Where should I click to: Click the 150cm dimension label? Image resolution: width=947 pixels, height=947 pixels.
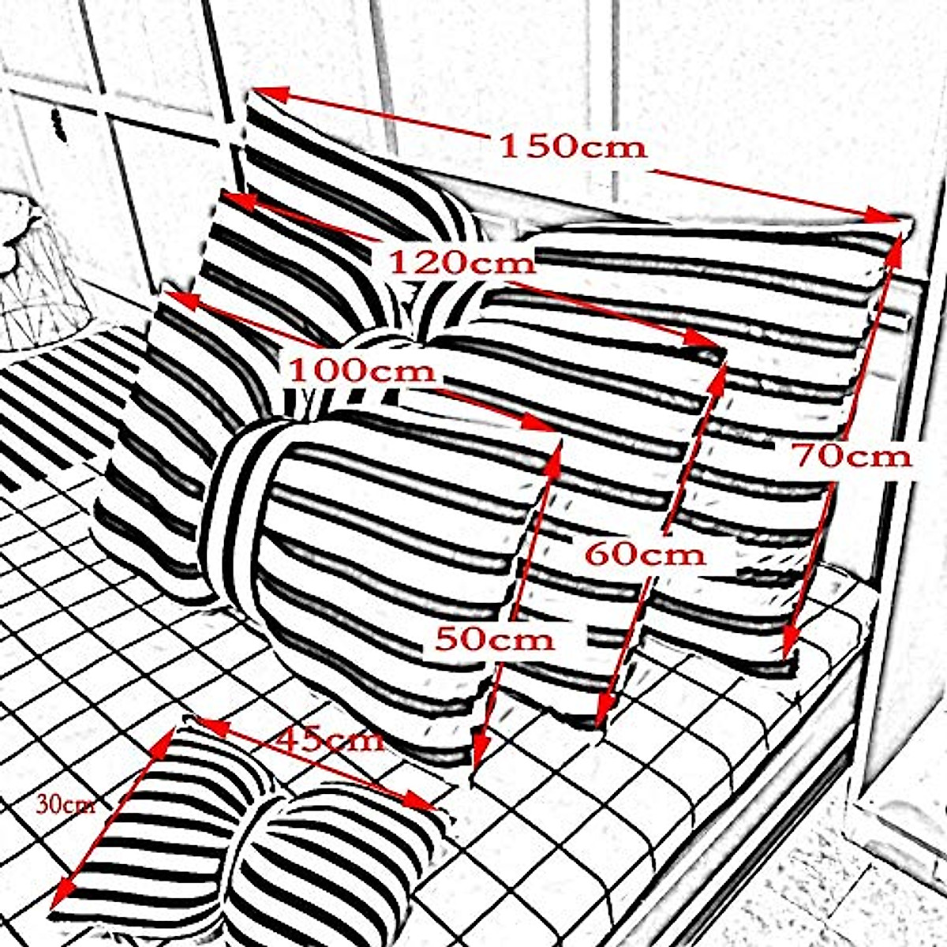(x=574, y=147)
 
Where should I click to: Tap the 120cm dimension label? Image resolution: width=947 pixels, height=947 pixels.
(x=462, y=261)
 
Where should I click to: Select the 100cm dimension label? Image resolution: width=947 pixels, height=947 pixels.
(x=362, y=369)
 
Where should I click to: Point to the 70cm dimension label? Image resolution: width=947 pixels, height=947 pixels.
(x=852, y=455)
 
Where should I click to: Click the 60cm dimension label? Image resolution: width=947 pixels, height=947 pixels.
(x=645, y=553)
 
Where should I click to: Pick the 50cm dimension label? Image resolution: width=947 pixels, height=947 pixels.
(x=495, y=638)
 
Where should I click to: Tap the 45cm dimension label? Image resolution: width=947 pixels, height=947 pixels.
(x=331, y=739)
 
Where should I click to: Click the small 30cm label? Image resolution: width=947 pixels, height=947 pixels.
(x=66, y=804)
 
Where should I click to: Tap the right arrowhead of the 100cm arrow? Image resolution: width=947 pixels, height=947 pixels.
(x=544, y=424)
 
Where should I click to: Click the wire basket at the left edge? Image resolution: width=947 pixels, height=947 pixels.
(x=36, y=268)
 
